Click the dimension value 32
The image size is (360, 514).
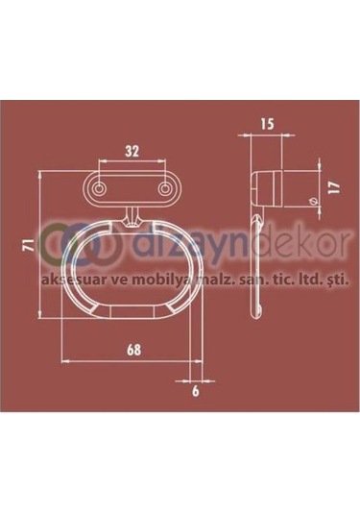tap(132, 151)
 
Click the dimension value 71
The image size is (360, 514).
tap(30, 245)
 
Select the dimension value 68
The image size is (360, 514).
tap(134, 350)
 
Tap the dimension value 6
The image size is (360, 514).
tap(195, 391)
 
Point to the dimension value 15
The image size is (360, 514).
tap(267, 124)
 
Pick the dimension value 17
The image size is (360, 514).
tap(334, 188)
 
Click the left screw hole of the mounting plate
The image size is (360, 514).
tap(99, 189)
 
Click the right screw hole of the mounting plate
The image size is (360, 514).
tap(164, 189)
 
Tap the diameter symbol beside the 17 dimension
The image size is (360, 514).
tap(314, 201)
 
